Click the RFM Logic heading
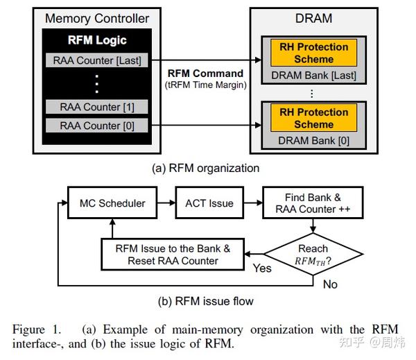(x=97, y=40)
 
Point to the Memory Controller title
(x=97, y=18)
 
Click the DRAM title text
(x=313, y=19)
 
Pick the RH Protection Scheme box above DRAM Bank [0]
(x=313, y=118)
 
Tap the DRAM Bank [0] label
(x=313, y=140)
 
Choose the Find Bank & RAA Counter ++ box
(x=313, y=203)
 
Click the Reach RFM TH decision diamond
(x=313, y=255)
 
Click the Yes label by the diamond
(x=262, y=268)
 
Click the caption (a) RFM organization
(x=206, y=168)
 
